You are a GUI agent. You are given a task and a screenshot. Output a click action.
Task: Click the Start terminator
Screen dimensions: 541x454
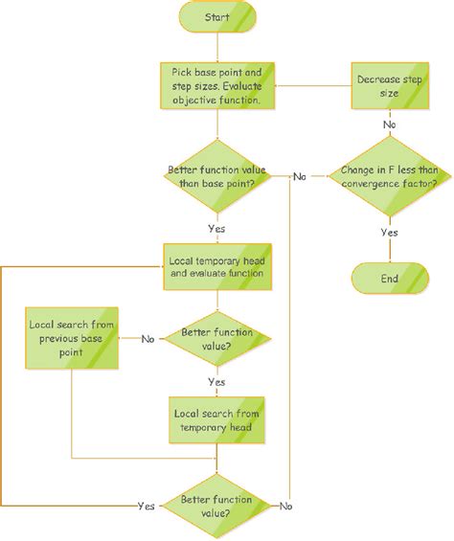point(216,17)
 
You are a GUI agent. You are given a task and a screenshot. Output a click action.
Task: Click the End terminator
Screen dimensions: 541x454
point(389,279)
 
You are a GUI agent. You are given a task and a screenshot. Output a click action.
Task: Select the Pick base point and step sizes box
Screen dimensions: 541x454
point(216,85)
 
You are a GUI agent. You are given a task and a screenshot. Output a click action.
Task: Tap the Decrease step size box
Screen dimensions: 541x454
point(389,85)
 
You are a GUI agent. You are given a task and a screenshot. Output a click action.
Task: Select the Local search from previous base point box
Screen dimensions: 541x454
point(71,339)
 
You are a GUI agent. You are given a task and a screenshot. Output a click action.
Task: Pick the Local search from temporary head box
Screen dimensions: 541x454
point(216,417)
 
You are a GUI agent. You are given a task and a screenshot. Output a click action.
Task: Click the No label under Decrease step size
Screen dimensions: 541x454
point(389,124)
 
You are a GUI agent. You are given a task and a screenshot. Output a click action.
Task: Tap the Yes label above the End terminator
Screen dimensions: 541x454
point(389,232)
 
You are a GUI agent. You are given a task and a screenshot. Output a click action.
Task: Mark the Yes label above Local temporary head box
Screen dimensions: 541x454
point(216,228)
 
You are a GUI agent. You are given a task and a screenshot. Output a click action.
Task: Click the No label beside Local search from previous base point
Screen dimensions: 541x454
point(148,339)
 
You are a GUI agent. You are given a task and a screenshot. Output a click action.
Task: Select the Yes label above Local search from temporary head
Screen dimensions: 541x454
point(216,381)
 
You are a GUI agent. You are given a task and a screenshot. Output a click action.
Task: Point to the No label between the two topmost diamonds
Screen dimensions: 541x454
point(300,177)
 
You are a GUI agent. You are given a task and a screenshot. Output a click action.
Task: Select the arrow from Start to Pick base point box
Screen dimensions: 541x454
point(216,48)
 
